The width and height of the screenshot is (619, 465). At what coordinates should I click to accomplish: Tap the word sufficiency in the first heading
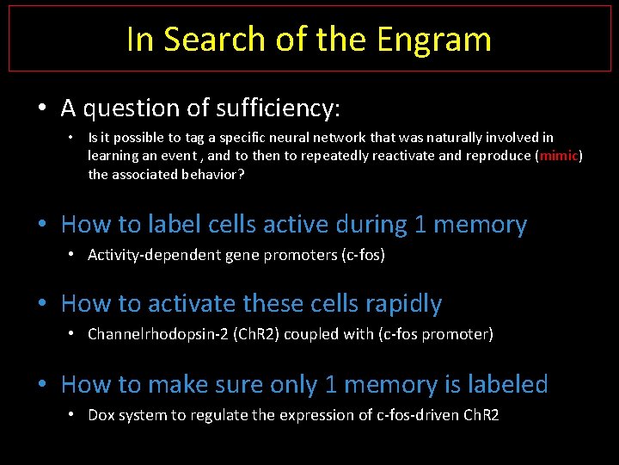coord(273,108)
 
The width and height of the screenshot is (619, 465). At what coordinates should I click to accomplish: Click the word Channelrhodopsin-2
coord(151,334)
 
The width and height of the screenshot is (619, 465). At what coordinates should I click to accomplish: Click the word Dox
coord(101,415)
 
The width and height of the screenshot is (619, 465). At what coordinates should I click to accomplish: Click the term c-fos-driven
coord(415,415)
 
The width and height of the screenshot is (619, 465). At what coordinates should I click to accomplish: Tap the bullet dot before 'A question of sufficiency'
coord(42,109)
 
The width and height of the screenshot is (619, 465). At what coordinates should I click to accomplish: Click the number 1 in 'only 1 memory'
coord(332,384)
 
